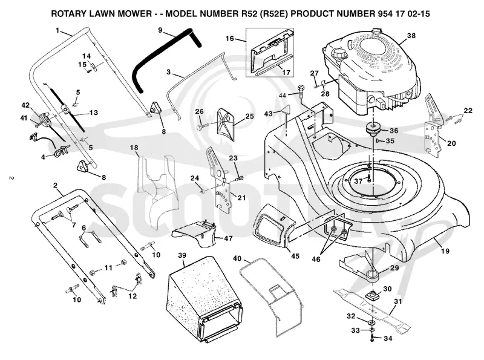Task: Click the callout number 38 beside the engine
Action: (x=411, y=36)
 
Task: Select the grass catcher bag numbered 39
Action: (x=203, y=299)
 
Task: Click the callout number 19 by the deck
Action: (x=445, y=251)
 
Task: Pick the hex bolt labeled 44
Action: (x=301, y=92)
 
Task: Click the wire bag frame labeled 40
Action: (x=270, y=296)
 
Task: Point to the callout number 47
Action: (x=228, y=238)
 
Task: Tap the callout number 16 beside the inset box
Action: (x=230, y=39)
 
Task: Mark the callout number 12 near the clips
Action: (x=132, y=296)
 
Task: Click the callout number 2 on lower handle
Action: (x=55, y=185)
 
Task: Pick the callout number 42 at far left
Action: (x=25, y=105)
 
